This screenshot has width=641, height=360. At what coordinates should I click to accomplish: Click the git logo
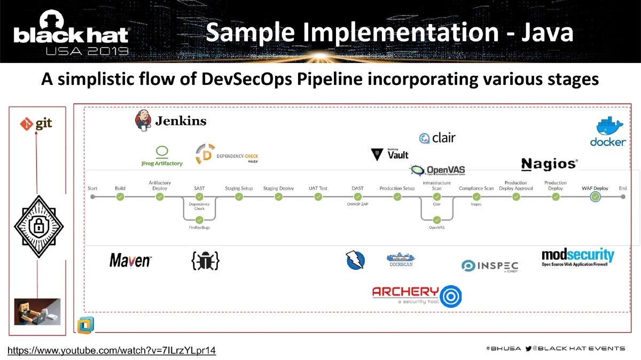pos(36,124)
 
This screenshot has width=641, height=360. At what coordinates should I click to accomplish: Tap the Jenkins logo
pos(170,120)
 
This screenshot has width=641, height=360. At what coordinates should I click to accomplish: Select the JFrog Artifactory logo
pos(161,155)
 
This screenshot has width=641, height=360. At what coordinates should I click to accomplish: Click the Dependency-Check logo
pos(226,155)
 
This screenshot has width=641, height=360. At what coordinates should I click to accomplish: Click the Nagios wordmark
pos(549,163)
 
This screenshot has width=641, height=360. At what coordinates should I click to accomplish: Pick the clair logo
pos(437,138)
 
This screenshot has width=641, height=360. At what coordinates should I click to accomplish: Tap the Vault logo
pos(390,154)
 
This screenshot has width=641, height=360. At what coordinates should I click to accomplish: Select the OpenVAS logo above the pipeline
pos(439,170)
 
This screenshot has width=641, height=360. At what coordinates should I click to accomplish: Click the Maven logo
pos(130,260)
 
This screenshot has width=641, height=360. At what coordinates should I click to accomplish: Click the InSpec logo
pos(490,265)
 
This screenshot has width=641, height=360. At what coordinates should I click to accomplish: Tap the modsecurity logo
pos(577,257)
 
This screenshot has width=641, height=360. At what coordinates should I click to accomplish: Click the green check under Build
pos(120,197)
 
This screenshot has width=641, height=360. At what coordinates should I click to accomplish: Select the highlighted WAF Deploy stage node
pos(595,197)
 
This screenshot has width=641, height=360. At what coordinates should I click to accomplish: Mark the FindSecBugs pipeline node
pos(199,220)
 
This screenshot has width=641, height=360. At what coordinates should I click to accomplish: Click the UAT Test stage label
pos(318,189)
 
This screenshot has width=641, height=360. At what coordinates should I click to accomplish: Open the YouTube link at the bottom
pos(111,350)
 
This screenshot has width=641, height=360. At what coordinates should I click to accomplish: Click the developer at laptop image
pos(37,311)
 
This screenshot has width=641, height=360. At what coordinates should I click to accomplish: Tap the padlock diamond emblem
pos(38,226)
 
